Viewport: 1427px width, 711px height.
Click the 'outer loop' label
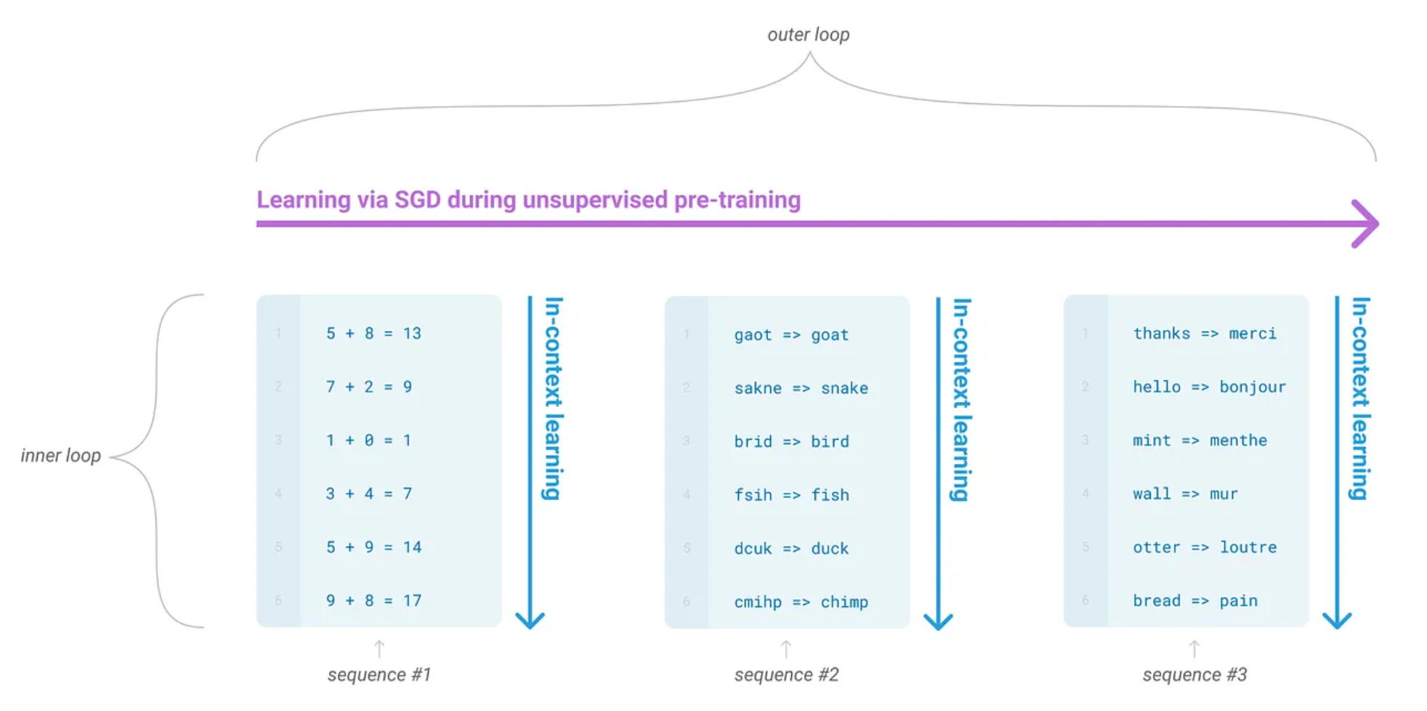click(x=808, y=35)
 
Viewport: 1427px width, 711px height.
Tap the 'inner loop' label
click(x=60, y=456)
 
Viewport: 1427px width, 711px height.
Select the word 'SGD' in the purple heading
click(x=417, y=200)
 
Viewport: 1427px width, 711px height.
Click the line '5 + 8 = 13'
click(x=373, y=334)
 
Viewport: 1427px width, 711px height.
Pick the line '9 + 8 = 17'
click(x=373, y=600)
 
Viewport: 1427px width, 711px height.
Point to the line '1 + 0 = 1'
click(x=368, y=441)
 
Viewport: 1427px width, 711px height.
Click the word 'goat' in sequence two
click(x=830, y=335)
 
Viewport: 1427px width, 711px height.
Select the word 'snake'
click(x=844, y=388)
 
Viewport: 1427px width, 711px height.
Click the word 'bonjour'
click(x=1252, y=387)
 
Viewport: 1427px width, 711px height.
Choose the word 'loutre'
click(x=1248, y=547)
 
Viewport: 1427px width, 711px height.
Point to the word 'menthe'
click(x=1238, y=441)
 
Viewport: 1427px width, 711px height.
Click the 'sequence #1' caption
click(x=379, y=675)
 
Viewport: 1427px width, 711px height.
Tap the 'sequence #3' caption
click(x=1194, y=675)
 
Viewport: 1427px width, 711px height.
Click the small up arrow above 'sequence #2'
click(x=786, y=648)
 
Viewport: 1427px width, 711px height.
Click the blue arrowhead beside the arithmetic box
click(x=530, y=619)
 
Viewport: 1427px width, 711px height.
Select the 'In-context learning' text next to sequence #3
click(x=1359, y=398)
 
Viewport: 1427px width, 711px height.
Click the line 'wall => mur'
click(x=1185, y=494)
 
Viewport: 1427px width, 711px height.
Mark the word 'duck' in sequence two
click(x=830, y=549)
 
